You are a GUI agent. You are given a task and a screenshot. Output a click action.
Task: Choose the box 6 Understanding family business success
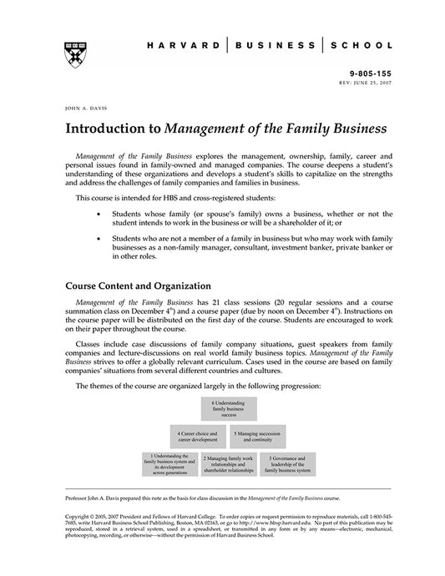pos(228,409)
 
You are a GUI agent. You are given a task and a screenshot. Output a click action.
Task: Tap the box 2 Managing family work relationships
pos(228,464)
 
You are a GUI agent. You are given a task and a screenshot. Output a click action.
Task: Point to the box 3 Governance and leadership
pos(287,464)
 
